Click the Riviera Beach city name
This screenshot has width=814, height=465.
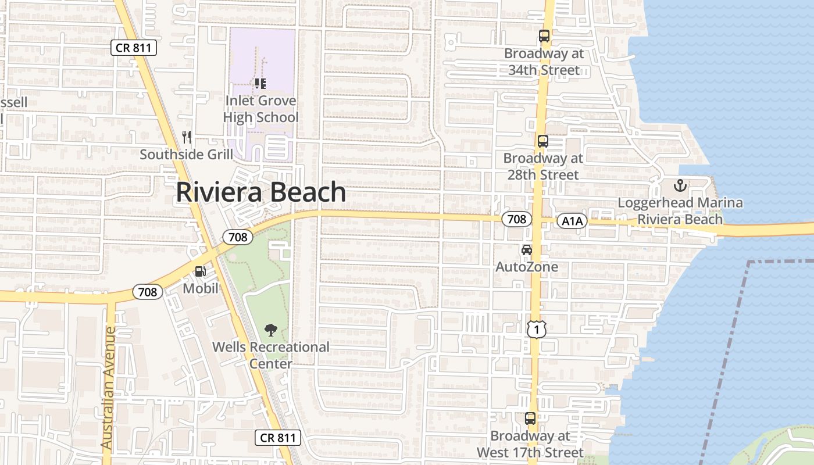[261, 192]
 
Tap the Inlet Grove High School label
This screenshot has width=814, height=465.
[261, 109]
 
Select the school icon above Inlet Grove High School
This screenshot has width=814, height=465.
[260, 84]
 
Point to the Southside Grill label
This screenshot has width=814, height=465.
[186, 155]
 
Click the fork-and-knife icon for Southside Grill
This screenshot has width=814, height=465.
[187, 137]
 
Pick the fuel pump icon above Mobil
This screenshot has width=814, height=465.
[200, 271]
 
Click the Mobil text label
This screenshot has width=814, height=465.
[201, 288]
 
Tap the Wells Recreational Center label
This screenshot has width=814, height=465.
[271, 355]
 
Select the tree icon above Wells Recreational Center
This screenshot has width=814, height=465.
[270, 331]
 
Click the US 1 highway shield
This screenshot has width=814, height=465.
[537, 330]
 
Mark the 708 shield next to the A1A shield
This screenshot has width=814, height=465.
[516, 219]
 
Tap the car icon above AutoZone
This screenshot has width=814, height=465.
[527, 250]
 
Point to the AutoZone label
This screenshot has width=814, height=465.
[527, 267]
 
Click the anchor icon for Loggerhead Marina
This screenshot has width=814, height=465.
[680, 186]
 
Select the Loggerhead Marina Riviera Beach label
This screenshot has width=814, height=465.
[680, 211]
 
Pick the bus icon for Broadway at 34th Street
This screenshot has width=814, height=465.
[544, 36]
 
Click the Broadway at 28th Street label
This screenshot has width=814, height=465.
[543, 166]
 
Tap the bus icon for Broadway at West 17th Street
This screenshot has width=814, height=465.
[530, 418]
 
